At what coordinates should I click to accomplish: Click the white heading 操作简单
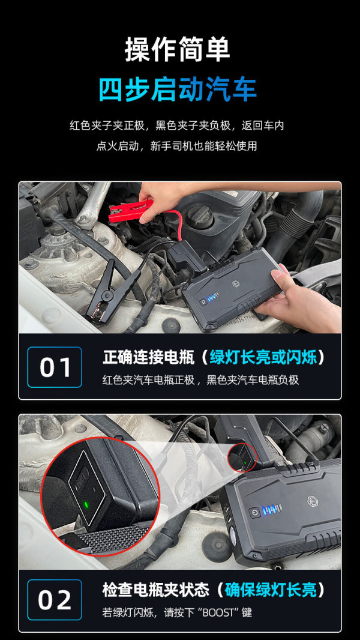tap(178, 49)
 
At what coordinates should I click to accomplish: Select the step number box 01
tap(55, 367)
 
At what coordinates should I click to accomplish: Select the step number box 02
tap(55, 600)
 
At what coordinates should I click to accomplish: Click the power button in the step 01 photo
tap(202, 303)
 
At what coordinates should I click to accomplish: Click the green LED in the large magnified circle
tap(86, 504)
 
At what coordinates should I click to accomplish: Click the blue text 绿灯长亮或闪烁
tap(263, 358)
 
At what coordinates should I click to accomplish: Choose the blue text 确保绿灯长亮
tap(271, 590)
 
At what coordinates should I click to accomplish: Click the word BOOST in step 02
tap(218, 612)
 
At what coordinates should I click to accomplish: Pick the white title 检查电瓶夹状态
tap(156, 590)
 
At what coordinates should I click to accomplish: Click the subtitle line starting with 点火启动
tap(176, 146)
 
